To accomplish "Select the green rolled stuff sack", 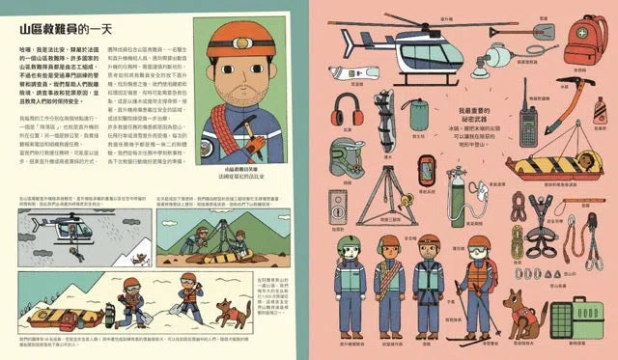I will [418, 114].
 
